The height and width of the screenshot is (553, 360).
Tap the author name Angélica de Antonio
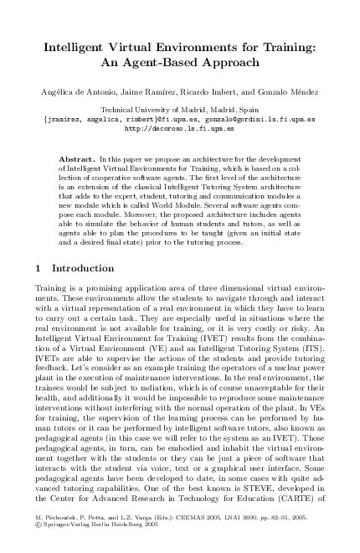coord(80,90)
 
